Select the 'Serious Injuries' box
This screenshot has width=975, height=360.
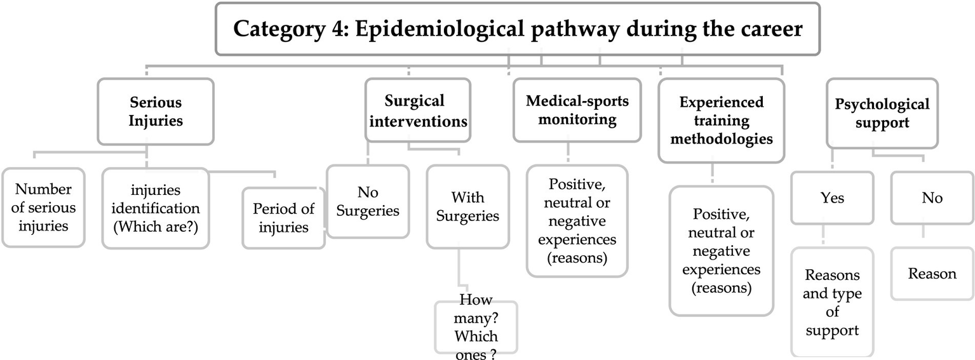[155, 111]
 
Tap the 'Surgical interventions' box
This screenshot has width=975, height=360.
[418, 110]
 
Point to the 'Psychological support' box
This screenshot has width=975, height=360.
[882, 113]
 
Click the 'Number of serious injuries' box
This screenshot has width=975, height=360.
[43, 207]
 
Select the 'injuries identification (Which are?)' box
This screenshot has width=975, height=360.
[155, 208]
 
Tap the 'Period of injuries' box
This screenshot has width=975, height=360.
[283, 218]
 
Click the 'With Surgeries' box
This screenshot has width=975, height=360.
[467, 206]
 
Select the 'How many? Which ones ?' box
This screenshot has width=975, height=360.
[476, 327]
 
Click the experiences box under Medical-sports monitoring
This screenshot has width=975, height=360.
[577, 221]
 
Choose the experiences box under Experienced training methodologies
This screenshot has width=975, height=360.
[721, 250]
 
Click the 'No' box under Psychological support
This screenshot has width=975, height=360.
[932, 198]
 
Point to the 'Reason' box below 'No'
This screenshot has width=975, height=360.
[932, 274]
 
